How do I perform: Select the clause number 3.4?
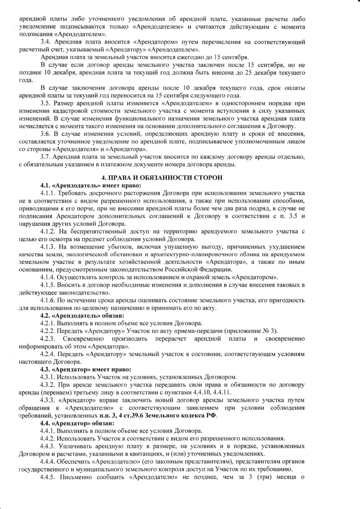(46, 42)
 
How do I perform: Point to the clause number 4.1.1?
(49, 193)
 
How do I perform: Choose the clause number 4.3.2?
(49, 385)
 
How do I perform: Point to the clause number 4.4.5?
(49, 476)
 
